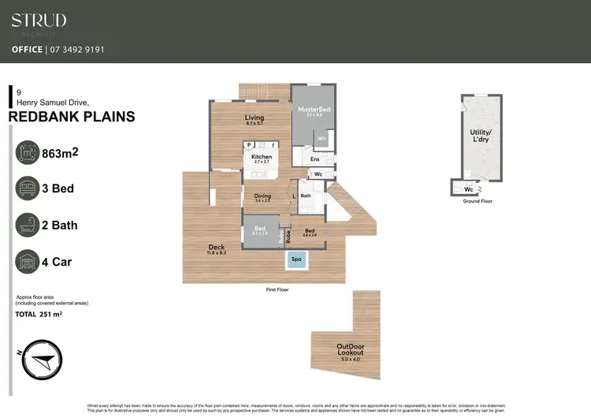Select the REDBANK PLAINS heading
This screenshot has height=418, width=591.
click(71, 118)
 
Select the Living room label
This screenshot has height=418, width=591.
click(254, 118)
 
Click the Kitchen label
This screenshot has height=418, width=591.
click(262, 157)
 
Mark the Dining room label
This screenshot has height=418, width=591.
click(262, 196)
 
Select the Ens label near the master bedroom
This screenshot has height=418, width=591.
click(314, 159)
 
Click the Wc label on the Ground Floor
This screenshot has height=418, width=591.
click(468, 189)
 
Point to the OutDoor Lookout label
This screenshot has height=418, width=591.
click(351, 349)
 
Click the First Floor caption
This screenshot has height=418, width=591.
click(277, 289)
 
